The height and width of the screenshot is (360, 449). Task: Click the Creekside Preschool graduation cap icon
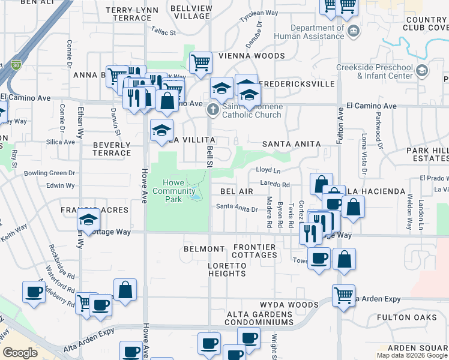pos(421,71)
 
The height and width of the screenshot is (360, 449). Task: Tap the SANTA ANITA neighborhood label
pos(292,144)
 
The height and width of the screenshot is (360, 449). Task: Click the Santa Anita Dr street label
pos(237,209)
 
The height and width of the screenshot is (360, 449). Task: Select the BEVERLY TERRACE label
pos(112,149)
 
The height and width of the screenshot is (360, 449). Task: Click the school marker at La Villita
pos(161,130)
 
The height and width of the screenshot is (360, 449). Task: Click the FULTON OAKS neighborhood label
pos(401,317)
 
